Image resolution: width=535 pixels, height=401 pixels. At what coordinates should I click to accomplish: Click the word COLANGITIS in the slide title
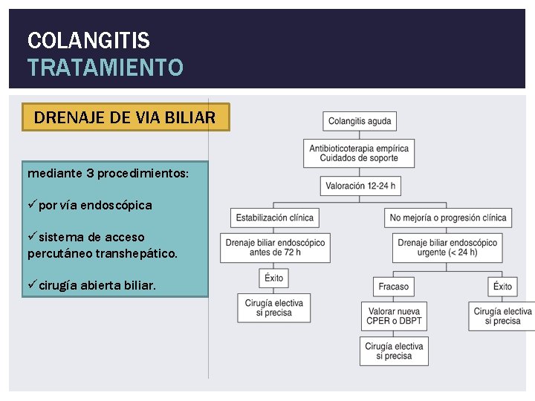88,40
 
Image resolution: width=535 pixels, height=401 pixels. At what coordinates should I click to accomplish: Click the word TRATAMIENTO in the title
105,68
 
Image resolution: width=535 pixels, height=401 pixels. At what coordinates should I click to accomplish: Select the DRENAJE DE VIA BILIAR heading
125,117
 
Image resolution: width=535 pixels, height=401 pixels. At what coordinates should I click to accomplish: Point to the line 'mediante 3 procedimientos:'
108,172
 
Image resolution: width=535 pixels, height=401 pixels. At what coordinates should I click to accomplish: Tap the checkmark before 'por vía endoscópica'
32,205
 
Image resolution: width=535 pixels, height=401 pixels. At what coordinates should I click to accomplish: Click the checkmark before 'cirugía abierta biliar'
32,286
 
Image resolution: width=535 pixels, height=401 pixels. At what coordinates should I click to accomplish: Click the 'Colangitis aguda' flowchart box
359,121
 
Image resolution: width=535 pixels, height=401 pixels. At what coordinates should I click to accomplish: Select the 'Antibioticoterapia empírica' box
359,154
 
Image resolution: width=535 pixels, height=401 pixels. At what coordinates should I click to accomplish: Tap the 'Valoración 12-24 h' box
360,186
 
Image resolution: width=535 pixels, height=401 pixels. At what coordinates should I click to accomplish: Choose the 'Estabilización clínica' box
274,218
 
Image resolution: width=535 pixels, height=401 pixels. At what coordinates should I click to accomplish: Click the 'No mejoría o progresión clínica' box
448,218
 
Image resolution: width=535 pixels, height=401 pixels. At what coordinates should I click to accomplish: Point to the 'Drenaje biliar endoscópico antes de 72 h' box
275,247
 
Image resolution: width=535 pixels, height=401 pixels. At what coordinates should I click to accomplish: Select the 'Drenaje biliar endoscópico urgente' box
447,247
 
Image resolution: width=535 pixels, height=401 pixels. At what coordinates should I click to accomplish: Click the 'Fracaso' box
393,287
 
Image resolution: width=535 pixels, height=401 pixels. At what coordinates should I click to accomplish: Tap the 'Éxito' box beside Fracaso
502,287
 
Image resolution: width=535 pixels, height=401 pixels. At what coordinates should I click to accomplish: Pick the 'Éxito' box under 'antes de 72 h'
273,278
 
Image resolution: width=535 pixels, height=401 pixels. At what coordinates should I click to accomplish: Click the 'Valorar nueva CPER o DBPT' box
393,316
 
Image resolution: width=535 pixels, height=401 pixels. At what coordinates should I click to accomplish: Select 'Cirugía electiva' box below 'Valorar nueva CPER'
394,351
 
